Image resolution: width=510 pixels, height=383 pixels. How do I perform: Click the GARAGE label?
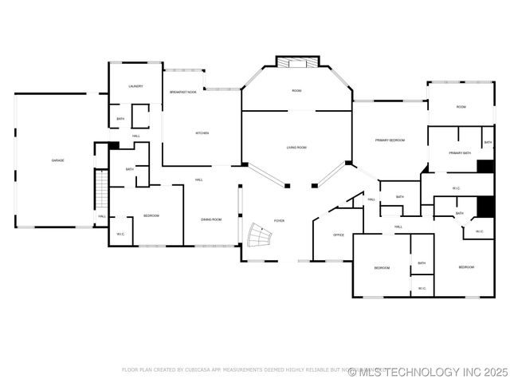click(x=58, y=161)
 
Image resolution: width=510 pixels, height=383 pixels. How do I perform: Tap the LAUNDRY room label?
click(x=135, y=86)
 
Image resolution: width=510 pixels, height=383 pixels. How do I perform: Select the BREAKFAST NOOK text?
click(x=182, y=93)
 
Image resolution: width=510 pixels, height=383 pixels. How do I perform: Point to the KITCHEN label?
click(x=202, y=133)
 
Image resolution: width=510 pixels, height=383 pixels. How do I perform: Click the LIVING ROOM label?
click(x=296, y=148)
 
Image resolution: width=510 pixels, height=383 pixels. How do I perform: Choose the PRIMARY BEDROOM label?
click(x=390, y=140)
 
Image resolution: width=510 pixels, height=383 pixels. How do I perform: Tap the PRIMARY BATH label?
click(x=460, y=153)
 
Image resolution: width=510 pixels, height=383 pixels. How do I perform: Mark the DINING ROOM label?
click(x=211, y=219)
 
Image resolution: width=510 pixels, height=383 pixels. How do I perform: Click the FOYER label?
click(x=279, y=220)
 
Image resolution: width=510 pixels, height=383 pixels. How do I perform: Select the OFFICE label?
click(x=339, y=235)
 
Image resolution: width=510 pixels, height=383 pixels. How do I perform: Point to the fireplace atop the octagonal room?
click(x=297, y=61)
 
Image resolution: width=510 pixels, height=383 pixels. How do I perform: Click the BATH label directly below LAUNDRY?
click(x=120, y=120)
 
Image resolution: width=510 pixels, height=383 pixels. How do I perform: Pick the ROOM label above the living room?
click(x=296, y=91)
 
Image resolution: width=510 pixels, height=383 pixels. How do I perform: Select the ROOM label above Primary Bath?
click(x=461, y=107)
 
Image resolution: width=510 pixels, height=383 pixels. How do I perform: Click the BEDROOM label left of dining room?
click(x=151, y=216)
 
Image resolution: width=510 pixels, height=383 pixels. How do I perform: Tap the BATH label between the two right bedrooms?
click(x=422, y=263)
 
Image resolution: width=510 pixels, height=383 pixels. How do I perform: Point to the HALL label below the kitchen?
click(x=198, y=180)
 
